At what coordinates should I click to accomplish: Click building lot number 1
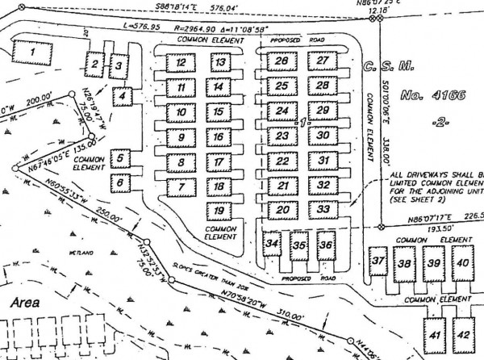click(x=32, y=55)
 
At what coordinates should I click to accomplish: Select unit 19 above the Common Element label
click(x=218, y=211)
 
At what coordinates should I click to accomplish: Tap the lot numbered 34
click(x=273, y=243)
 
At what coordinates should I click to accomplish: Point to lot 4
click(x=123, y=97)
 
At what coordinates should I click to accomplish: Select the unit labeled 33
click(x=322, y=209)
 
